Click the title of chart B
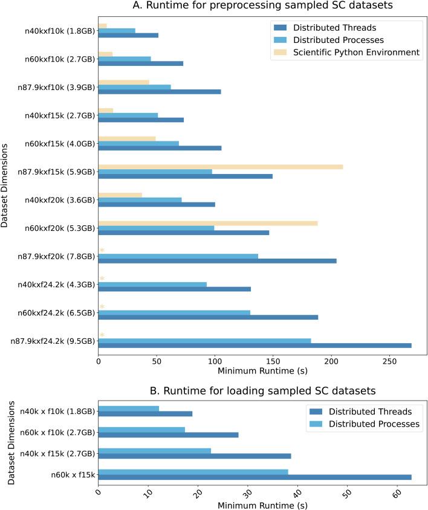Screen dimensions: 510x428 262,390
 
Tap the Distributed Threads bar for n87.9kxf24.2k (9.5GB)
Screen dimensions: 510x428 255,346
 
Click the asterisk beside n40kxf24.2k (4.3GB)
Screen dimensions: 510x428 102,279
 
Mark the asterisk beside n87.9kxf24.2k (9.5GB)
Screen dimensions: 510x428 102,335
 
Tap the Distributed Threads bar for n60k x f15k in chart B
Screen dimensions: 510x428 255,477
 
